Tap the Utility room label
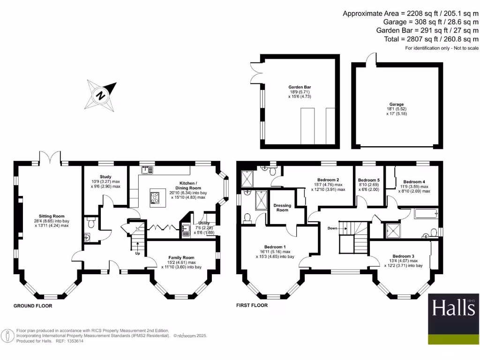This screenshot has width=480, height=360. (x=203, y=224)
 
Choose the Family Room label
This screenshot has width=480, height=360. (x=181, y=258)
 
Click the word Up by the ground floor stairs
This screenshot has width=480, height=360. (x=137, y=253)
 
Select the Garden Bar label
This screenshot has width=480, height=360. (x=300, y=87)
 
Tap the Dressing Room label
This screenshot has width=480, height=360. (x=282, y=208)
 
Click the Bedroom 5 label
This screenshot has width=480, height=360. (x=368, y=180)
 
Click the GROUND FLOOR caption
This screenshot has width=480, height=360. (x=33, y=306)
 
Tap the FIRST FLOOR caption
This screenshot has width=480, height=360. (x=252, y=306)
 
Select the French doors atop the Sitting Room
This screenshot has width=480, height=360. (x=50, y=157)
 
